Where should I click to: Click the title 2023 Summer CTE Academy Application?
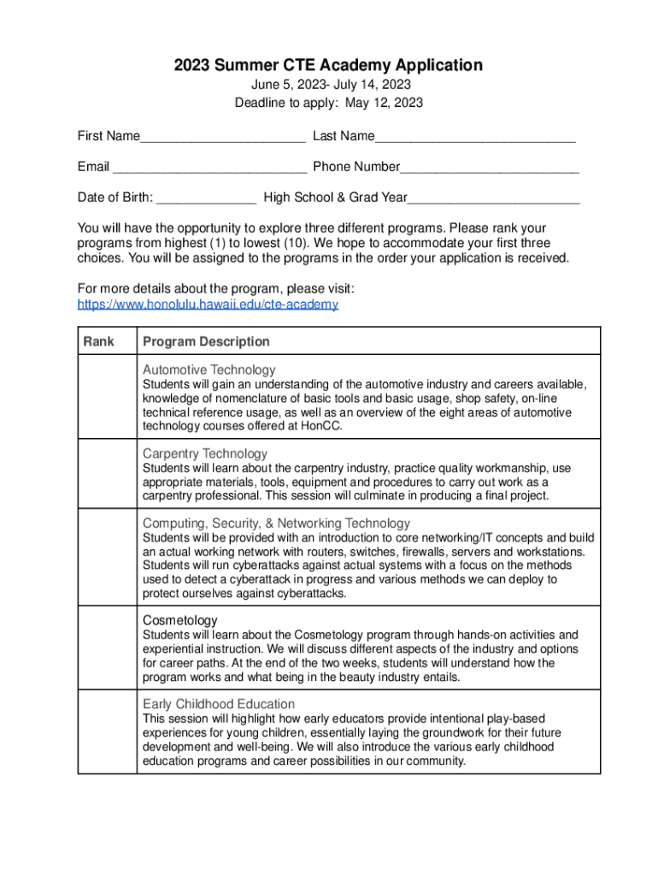(329, 65)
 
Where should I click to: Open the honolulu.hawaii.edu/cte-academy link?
(208, 305)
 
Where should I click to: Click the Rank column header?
(98, 341)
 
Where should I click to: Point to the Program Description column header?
(206, 341)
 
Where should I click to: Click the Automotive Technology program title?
(209, 370)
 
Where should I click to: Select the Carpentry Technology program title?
(205, 453)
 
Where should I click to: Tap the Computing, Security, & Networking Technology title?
(276, 523)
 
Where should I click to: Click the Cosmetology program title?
(179, 619)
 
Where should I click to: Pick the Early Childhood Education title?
(219, 704)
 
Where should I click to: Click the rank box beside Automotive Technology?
(107, 397)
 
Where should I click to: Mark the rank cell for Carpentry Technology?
(107, 474)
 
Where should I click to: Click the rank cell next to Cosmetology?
(107, 648)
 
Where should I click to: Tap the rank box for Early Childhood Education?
(107, 731)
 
